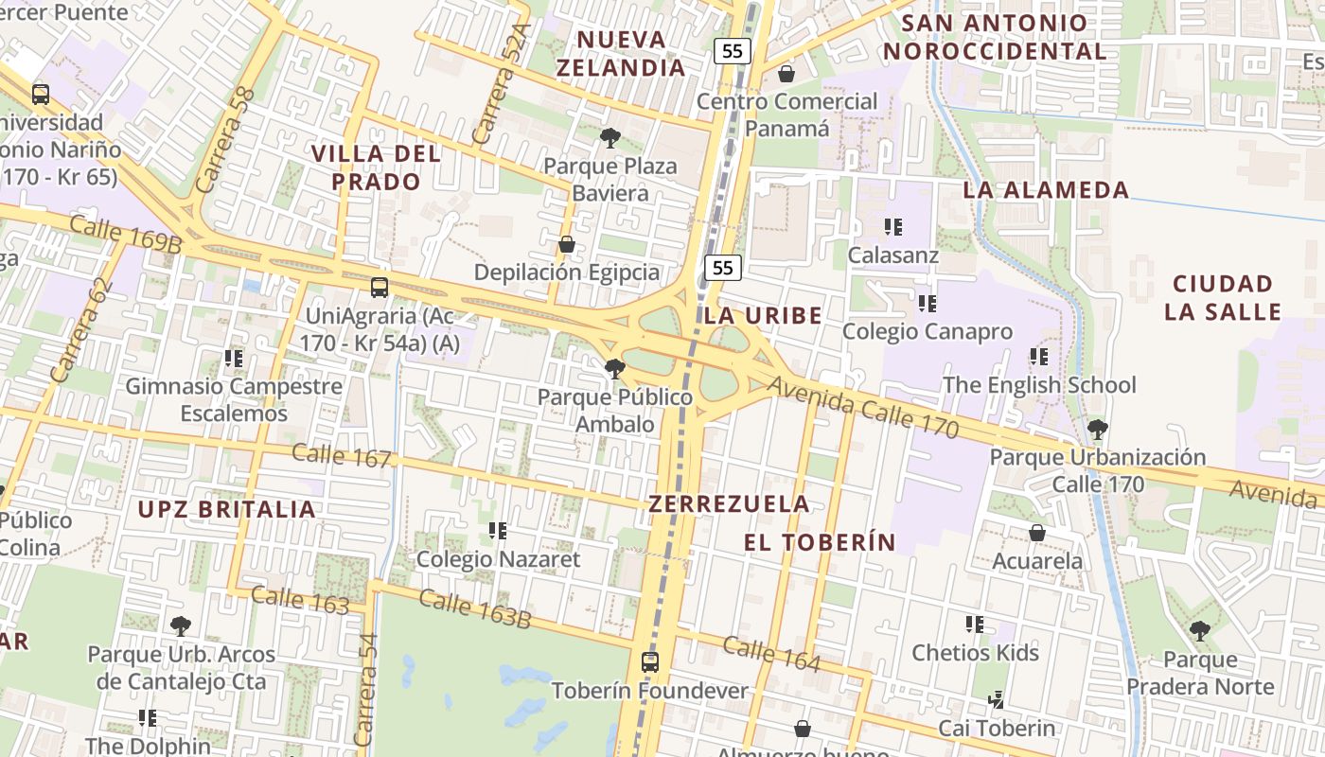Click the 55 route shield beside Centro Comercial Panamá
tap(732, 51)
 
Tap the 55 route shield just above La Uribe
tap(723, 268)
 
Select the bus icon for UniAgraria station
tap(380, 288)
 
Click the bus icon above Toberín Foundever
tap(650, 661)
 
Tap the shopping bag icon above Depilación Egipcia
tap(567, 245)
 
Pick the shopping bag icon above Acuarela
tap(1037, 533)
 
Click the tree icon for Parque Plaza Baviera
tap(610, 138)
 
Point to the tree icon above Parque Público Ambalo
tap(615, 369)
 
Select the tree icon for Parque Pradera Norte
tap(1200, 631)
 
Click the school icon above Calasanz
tap(893, 227)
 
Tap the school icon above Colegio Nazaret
tap(498, 531)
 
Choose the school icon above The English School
tap(1039, 357)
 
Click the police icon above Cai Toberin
tap(996, 700)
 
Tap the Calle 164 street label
tap(771, 654)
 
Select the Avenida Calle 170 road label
tap(863, 408)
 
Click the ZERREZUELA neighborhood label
tap(729, 503)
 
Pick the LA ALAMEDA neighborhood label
tap(1046, 190)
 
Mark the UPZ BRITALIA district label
tap(226, 509)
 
